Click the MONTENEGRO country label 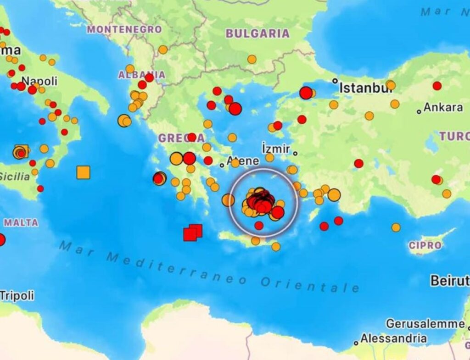124,29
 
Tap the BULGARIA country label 257,33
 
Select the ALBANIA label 141,75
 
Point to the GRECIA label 181,138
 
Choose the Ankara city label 443,107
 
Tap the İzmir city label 275,149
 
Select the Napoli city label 39,81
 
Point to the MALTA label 21,223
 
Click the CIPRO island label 425,245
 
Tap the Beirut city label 449,280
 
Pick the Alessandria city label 393,339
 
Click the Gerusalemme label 425,324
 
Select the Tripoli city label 17,296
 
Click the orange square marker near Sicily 83,172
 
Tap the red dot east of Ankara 437,86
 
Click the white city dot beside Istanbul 335,81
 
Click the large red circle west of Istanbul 306,93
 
